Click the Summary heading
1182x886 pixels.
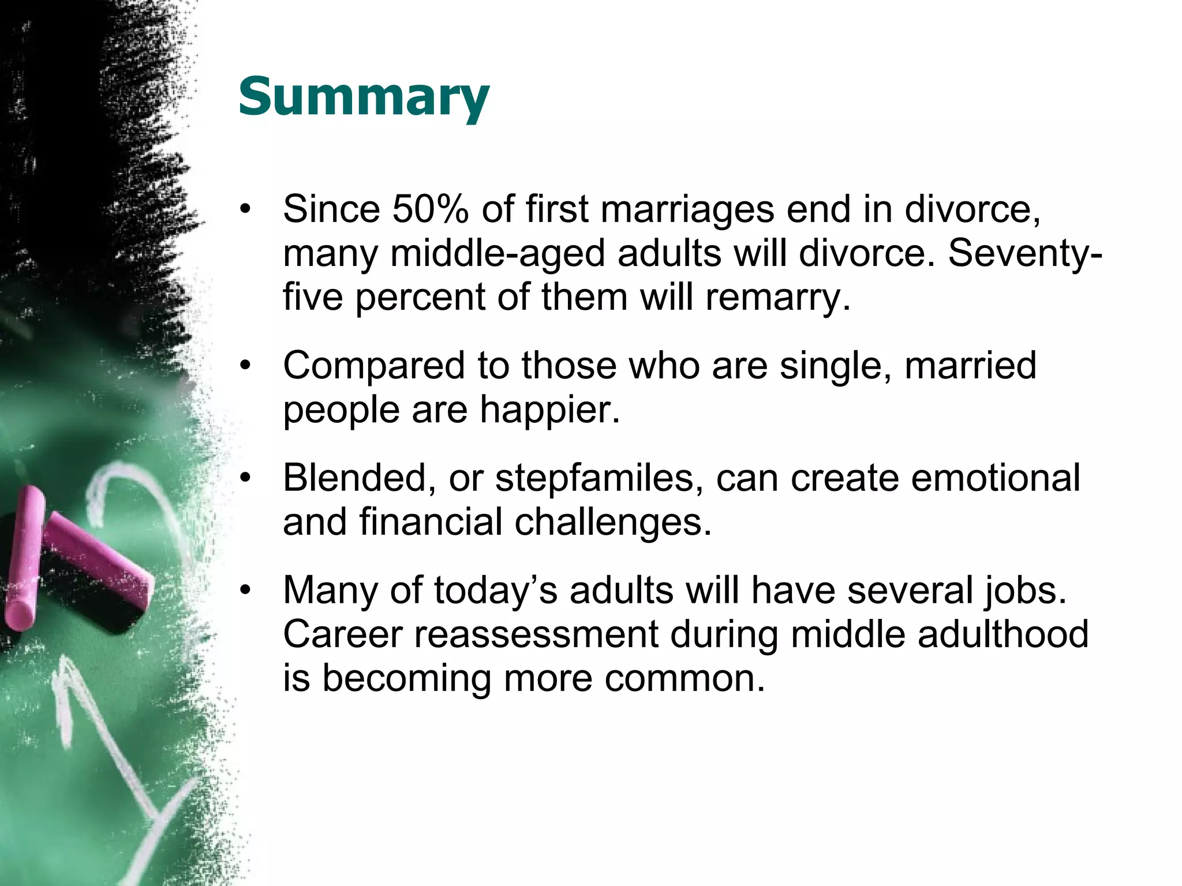(x=364, y=97)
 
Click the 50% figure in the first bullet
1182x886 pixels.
(x=430, y=209)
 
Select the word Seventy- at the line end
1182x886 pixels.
(x=1025, y=253)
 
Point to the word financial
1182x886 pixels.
(x=431, y=522)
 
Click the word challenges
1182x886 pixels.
(x=612, y=523)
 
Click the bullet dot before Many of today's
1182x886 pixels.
(x=246, y=591)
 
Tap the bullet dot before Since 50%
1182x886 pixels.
(x=246, y=209)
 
